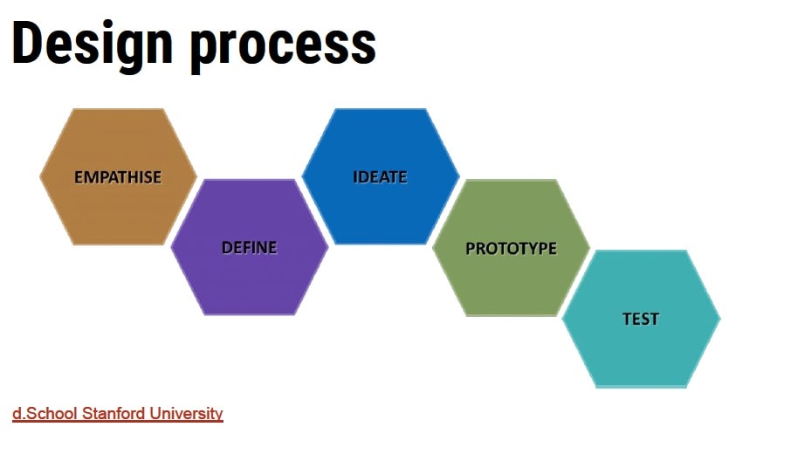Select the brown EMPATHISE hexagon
tap(118, 176)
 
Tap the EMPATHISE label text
tap(118, 177)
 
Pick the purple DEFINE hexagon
tap(249, 247)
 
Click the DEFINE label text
tap(249, 247)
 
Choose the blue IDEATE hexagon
tap(381, 176)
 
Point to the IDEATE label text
tap(380, 177)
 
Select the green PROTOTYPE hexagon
tap(511, 248)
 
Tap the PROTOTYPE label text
tap(511, 248)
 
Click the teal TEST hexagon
tap(641, 319)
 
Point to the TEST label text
tap(641, 319)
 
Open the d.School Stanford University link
tap(118, 413)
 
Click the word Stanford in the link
tap(113, 413)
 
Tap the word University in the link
tap(186, 414)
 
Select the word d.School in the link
tap(45, 413)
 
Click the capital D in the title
tap(25, 43)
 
